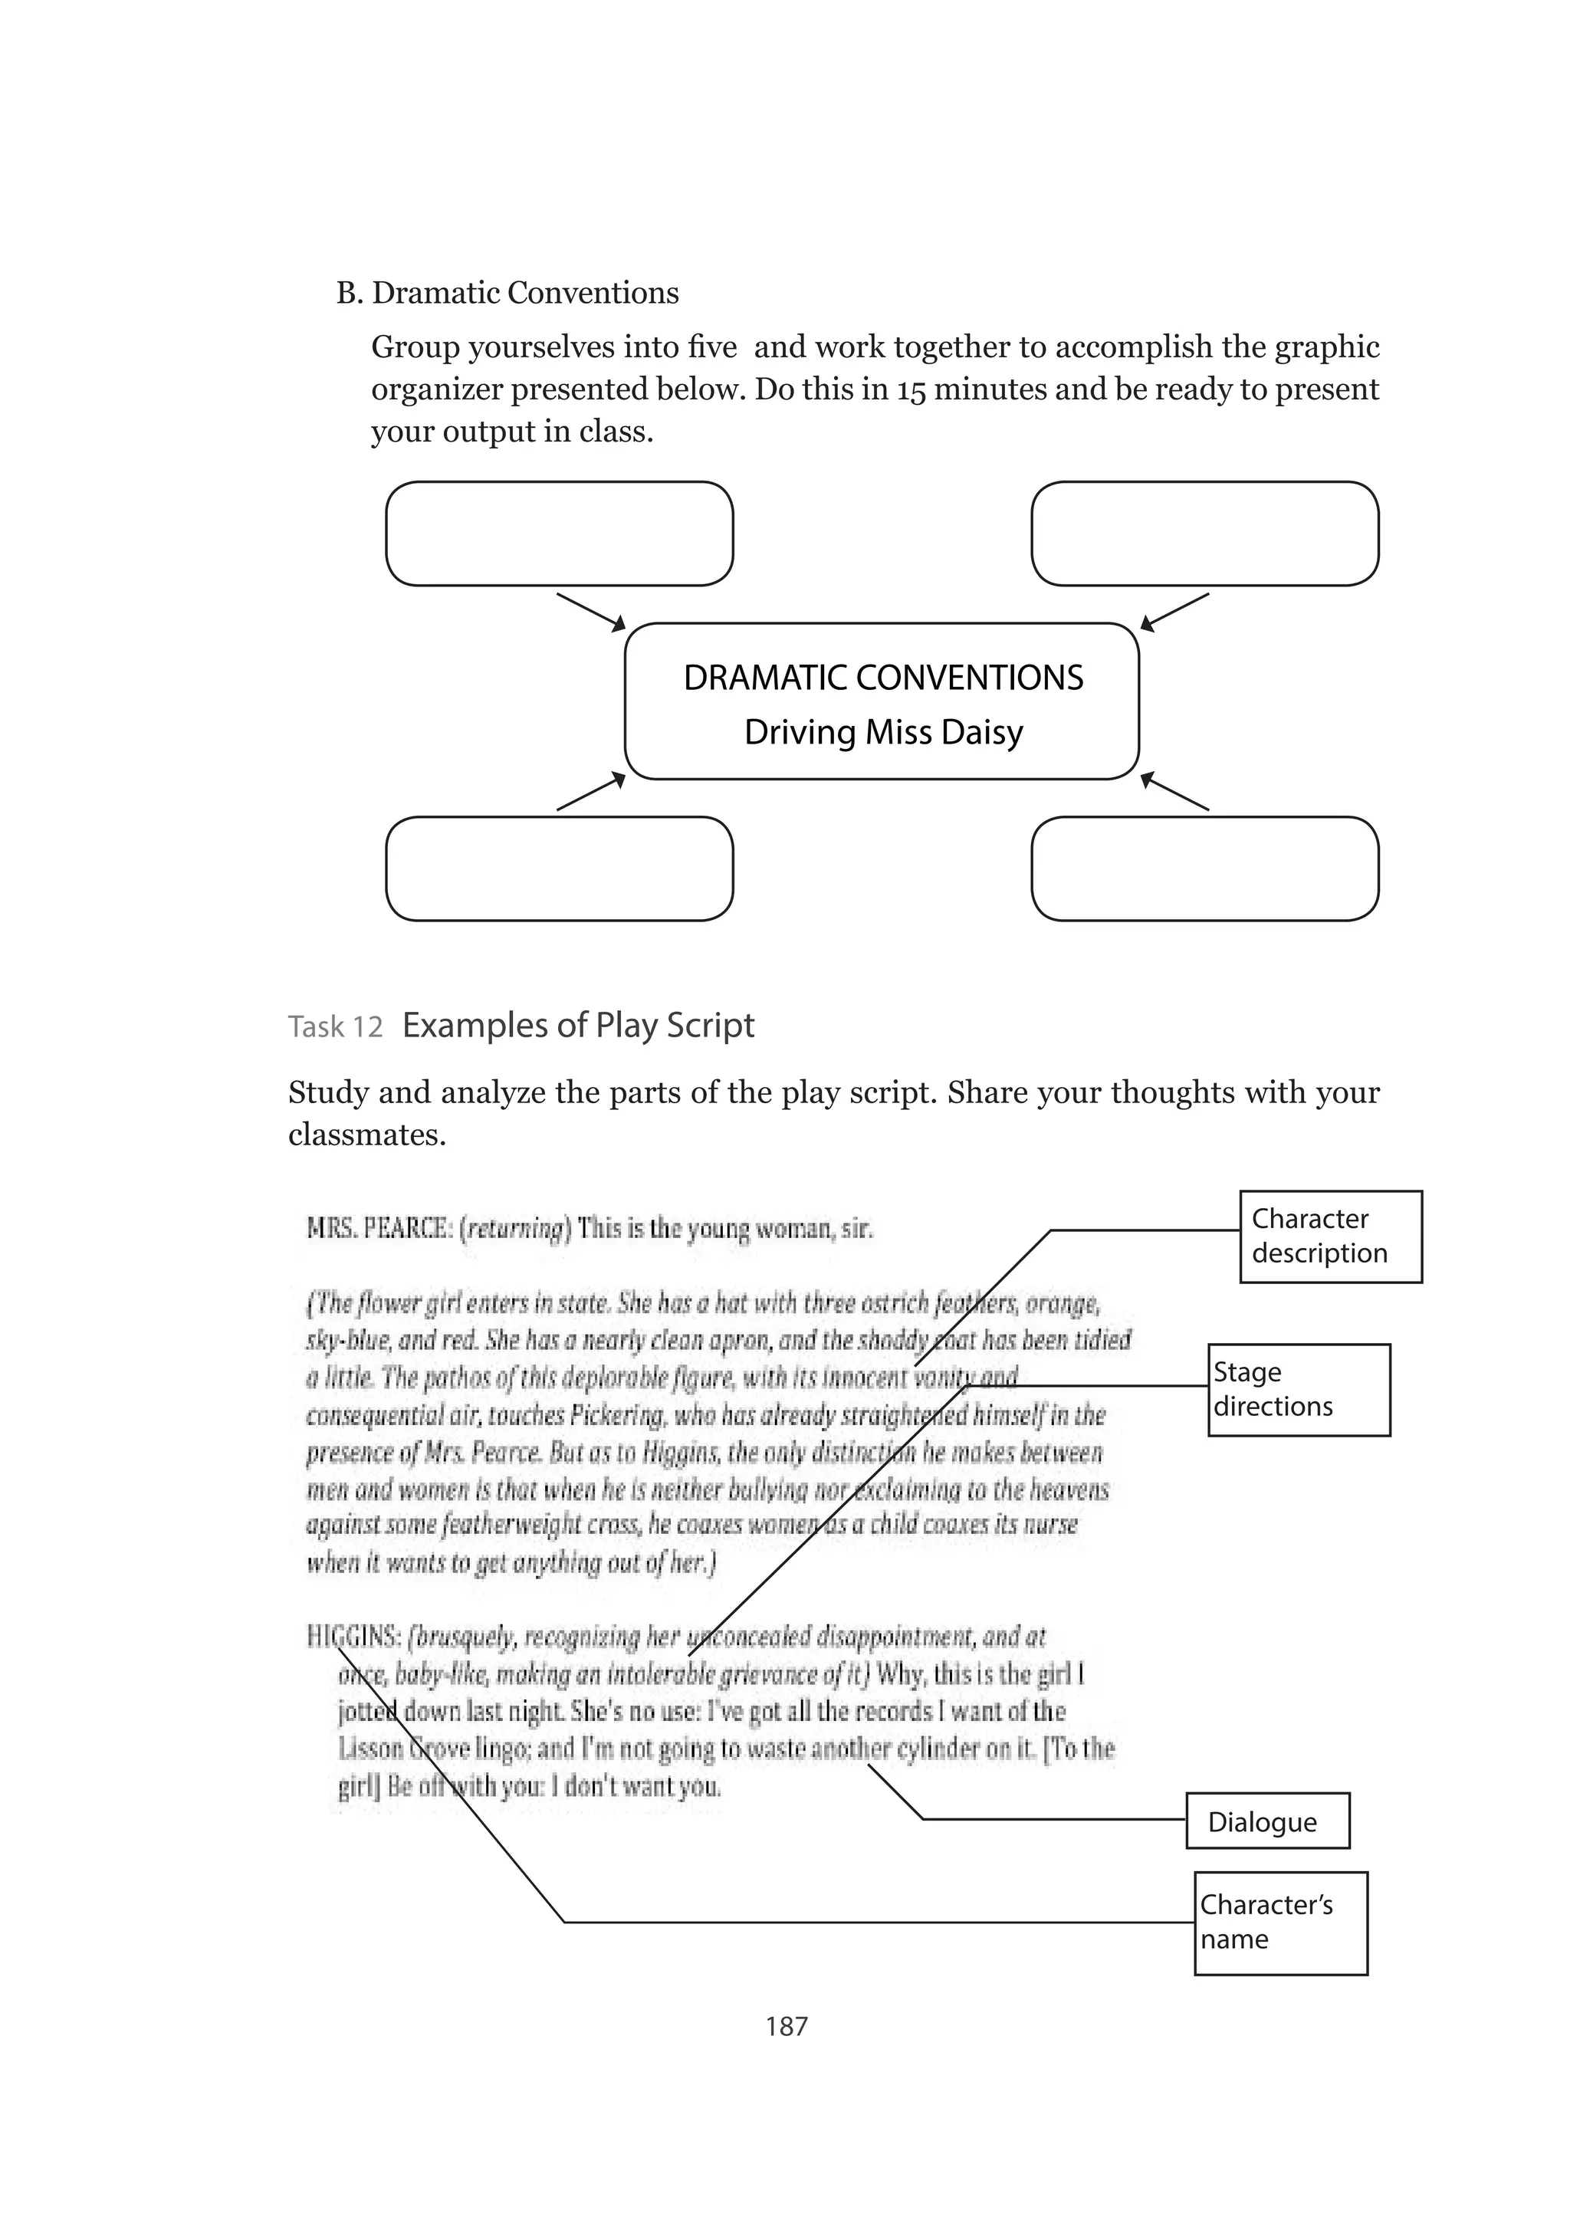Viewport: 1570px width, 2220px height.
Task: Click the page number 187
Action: (786, 2025)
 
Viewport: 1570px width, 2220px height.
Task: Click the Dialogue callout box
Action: (1266, 1821)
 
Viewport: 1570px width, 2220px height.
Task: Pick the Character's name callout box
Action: (1280, 1923)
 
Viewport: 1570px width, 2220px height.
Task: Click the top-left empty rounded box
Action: (559, 534)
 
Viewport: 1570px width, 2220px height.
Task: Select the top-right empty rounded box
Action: (1204, 534)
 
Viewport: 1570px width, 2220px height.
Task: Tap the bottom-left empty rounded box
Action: (559, 869)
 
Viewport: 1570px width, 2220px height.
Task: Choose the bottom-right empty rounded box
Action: (1204, 869)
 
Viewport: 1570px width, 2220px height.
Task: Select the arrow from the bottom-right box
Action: (1174, 791)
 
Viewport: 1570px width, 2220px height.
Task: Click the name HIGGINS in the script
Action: (352, 1637)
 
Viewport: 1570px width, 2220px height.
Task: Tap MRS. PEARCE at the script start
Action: (378, 1229)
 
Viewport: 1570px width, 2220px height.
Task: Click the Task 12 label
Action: (336, 1027)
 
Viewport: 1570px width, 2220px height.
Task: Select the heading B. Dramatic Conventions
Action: (507, 293)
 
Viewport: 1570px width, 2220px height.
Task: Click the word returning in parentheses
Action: (515, 1229)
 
